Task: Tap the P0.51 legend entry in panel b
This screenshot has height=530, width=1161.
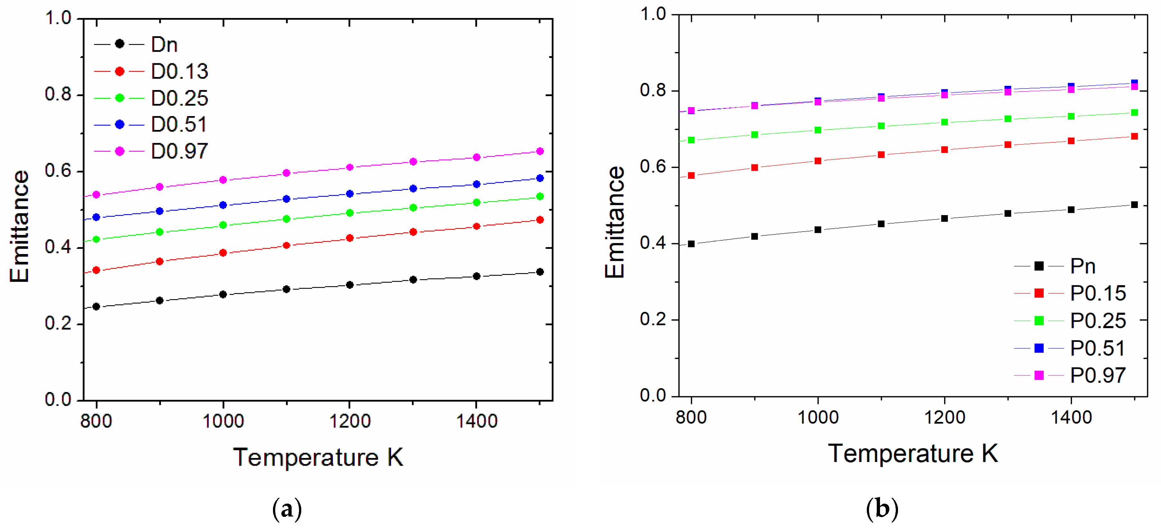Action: click(1097, 348)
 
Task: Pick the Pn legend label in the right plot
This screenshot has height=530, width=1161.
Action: click(1083, 266)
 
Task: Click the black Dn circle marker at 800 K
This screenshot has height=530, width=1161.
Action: click(96, 306)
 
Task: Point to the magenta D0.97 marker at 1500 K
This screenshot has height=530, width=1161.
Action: click(540, 151)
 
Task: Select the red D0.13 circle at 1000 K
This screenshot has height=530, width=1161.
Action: click(222, 253)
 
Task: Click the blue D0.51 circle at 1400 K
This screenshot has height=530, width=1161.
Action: click(476, 184)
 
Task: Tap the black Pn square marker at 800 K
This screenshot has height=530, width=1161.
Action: click(691, 244)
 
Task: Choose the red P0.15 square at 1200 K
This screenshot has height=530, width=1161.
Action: click(945, 150)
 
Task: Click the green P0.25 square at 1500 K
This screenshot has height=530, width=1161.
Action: click(1134, 113)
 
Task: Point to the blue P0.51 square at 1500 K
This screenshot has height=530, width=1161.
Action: click(1134, 82)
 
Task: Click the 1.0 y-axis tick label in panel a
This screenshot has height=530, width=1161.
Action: click(58, 18)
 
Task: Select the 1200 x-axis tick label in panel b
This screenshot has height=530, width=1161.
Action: click(945, 417)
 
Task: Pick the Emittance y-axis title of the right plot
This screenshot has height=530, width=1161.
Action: click(615, 222)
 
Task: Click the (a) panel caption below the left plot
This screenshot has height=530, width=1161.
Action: click(287, 509)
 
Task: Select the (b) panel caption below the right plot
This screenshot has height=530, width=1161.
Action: click(882, 509)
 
